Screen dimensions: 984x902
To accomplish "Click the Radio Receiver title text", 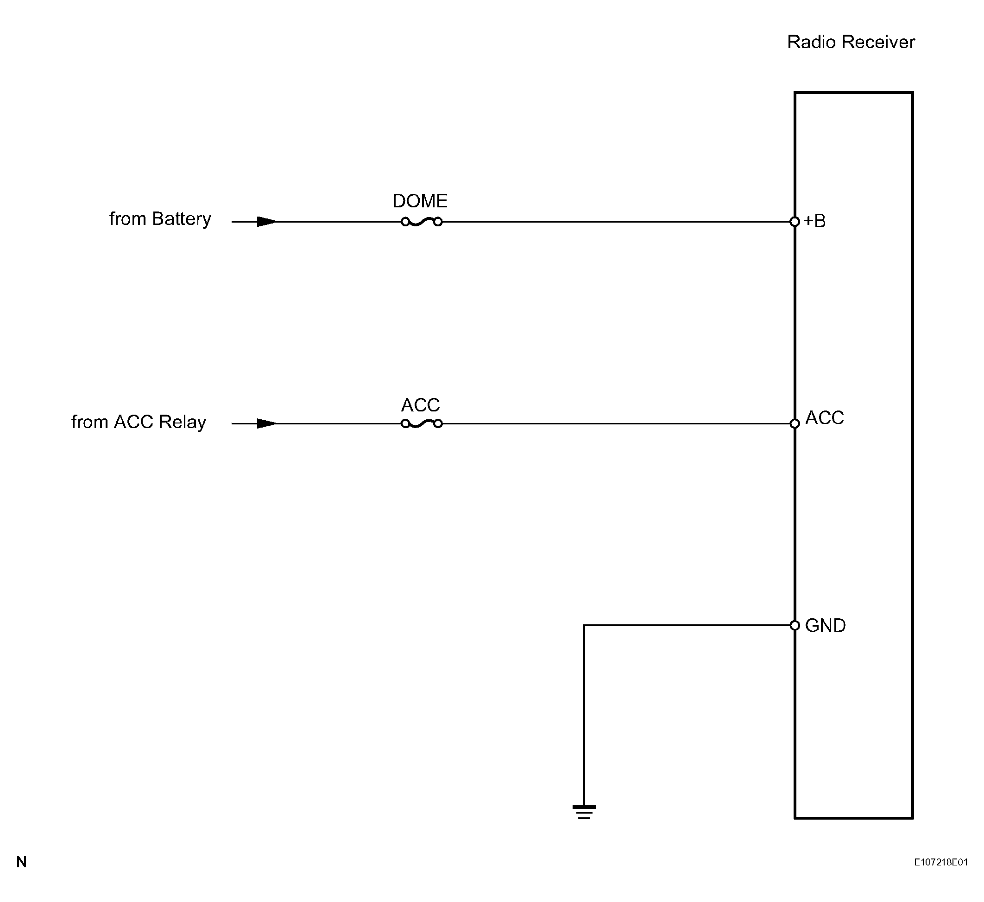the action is (851, 42).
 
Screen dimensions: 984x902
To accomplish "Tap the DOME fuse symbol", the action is (421, 222).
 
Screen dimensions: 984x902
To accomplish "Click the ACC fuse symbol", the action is (421, 423).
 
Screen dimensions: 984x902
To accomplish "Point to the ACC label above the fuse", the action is (420, 405).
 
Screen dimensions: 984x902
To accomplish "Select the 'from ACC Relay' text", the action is (139, 422).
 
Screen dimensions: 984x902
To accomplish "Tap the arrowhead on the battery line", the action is (266, 222).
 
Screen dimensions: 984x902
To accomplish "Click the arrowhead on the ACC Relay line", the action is (266, 423).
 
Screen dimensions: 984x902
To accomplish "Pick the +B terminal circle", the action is (795, 222).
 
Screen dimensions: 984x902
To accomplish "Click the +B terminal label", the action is (814, 221).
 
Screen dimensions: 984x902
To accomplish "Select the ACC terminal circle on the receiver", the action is (795, 423).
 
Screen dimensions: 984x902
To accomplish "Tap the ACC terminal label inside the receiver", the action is (825, 418).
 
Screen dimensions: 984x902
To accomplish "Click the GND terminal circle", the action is (795, 625).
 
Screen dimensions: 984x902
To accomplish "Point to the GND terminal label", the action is (825, 626).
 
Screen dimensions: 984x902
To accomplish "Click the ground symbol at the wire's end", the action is (584, 812).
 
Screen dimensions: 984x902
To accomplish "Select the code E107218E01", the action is (941, 863).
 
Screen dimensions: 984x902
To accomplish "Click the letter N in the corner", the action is (21, 863).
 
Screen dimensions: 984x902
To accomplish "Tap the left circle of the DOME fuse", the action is (405, 222).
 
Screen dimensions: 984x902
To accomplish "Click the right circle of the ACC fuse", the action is (438, 423).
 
